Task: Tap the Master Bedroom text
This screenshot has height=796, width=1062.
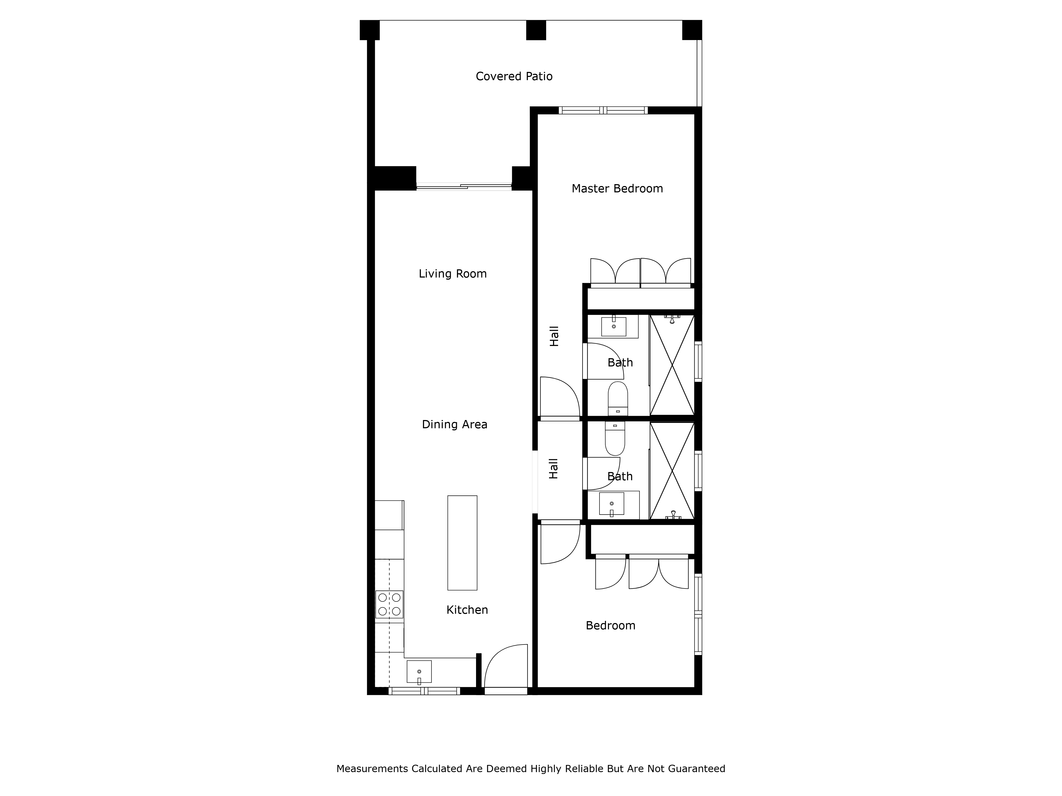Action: (617, 189)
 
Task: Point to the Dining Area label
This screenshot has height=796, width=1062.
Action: (455, 425)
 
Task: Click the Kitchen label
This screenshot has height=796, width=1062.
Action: (467, 610)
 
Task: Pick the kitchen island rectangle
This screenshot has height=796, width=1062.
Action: (462, 543)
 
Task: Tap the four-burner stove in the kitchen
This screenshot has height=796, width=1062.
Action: (389, 604)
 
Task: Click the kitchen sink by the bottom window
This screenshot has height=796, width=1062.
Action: (419, 672)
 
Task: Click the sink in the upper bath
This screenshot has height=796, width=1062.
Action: (614, 326)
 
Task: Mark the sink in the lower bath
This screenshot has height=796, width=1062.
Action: (612, 504)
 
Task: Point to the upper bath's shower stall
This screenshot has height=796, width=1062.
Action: (672, 365)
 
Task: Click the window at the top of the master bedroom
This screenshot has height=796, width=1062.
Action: (603, 110)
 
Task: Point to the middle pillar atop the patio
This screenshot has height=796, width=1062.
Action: (536, 30)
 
